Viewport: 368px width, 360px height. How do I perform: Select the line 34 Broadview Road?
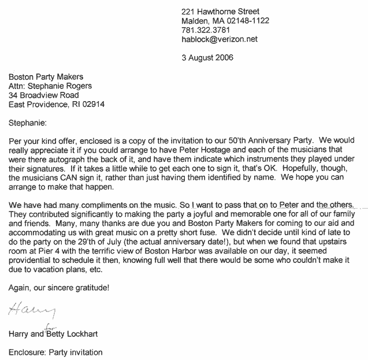coord(43,95)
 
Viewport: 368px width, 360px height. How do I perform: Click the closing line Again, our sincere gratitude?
coord(58,287)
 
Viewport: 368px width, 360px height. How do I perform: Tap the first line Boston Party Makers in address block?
coord(46,76)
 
